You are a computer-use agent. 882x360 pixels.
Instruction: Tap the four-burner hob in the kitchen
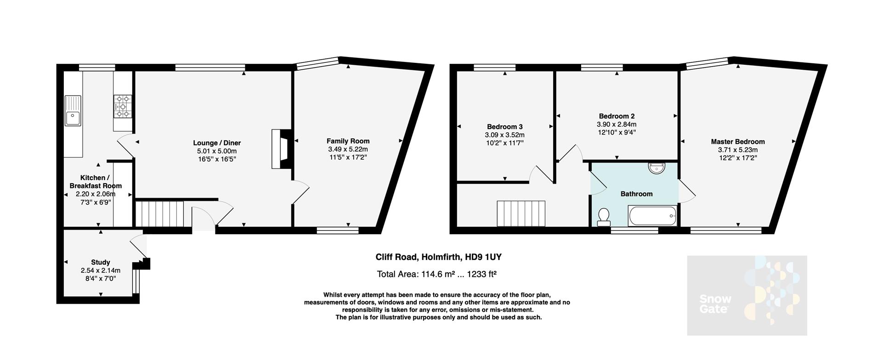coord(123,106)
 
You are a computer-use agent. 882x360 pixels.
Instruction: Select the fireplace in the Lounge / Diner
coord(281,150)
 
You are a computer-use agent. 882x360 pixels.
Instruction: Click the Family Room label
coord(348,141)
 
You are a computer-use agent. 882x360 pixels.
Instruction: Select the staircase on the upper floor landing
coord(521,214)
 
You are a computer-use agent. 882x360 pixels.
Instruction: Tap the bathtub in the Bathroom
coord(652,216)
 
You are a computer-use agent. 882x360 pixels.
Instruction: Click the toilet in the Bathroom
coord(604,217)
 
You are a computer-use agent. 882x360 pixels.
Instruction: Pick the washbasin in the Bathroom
coord(657,168)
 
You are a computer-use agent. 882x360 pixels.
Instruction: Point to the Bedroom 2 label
coord(616,116)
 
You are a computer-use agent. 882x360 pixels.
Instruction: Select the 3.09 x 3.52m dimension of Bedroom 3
coord(504,135)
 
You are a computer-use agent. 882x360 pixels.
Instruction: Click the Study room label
coord(100,262)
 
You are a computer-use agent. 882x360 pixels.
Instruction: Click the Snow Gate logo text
coord(715,304)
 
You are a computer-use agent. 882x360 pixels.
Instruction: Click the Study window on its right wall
coord(135,281)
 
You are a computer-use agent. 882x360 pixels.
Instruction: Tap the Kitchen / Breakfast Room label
coord(96,182)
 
